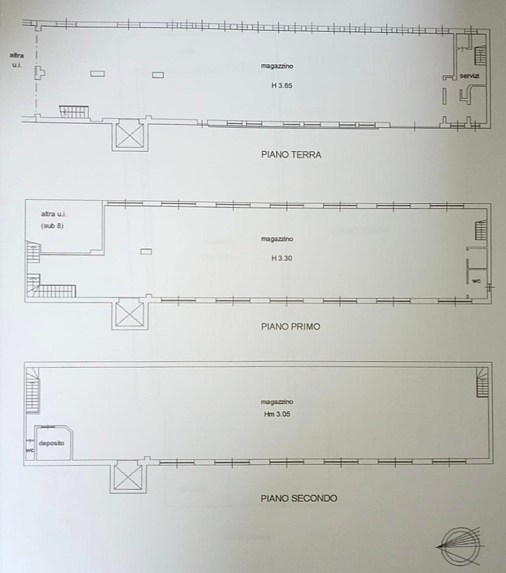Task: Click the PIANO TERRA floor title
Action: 291,155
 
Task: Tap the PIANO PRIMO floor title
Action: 291,326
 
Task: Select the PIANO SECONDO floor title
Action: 299,498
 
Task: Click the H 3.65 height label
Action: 281,86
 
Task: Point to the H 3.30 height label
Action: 281,258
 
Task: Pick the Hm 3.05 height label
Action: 277,414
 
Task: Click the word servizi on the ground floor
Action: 469,76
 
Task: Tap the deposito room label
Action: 51,443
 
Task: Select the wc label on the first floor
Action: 476,281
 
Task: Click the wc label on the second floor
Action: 30,450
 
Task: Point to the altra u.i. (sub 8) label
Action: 53,219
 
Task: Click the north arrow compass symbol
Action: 461,547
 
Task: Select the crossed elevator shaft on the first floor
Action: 129,313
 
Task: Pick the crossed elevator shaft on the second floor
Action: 128,476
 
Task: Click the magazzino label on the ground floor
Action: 277,66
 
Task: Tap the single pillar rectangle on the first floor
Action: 146,251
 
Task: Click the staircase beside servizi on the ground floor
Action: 481,55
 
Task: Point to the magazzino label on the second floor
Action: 277,402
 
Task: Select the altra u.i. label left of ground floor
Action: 17,60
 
